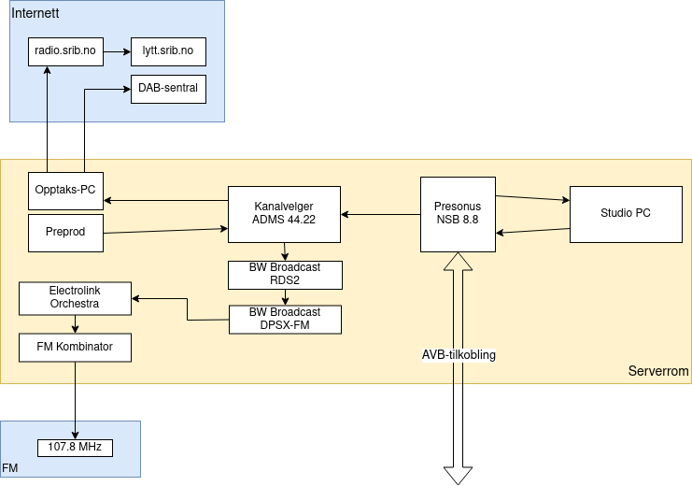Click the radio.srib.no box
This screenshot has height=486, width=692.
coord(65,51)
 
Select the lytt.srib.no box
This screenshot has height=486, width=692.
coord(168,51)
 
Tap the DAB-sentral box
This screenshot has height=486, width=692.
coord(168,89)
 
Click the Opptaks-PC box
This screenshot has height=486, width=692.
coord(65,191)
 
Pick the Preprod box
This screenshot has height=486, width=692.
coord(65,233)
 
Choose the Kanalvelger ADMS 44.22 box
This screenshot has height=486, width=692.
coord(285,214)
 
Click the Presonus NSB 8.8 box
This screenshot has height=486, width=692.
coord(458,214)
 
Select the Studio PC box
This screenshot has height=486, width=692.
coord(626,214)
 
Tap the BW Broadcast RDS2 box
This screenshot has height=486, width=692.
coord(285,274)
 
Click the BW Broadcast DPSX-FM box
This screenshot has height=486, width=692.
coord(285,319)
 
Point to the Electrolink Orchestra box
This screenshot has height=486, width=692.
coord(75,298)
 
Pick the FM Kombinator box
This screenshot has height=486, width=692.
coord(75,347)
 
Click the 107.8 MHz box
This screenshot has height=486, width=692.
coord(75,448)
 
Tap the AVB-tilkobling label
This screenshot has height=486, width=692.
coord(458,355)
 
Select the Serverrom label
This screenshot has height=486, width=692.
coord(658,372)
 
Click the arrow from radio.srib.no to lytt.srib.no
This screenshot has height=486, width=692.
coord(117,51)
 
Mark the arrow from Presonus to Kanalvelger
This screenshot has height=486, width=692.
coord(380,215)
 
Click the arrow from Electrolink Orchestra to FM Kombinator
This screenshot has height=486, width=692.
coord(75,324)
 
